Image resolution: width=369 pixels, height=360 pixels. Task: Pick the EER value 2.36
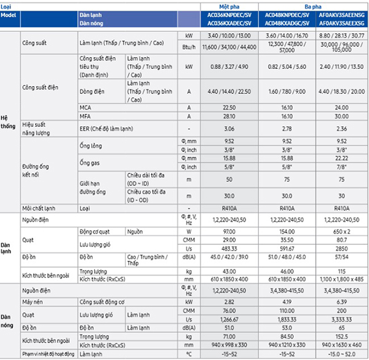[x=340, y=129]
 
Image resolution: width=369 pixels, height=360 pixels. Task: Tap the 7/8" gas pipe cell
[x=340, y=167]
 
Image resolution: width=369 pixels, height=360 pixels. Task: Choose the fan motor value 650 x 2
[x=340, y=231]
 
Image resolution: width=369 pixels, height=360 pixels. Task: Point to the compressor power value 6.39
[x=340, y=303]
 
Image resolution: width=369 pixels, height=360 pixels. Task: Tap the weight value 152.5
[x=340, y=337]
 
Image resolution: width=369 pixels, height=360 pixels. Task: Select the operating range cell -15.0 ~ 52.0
[x=340, y=354]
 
